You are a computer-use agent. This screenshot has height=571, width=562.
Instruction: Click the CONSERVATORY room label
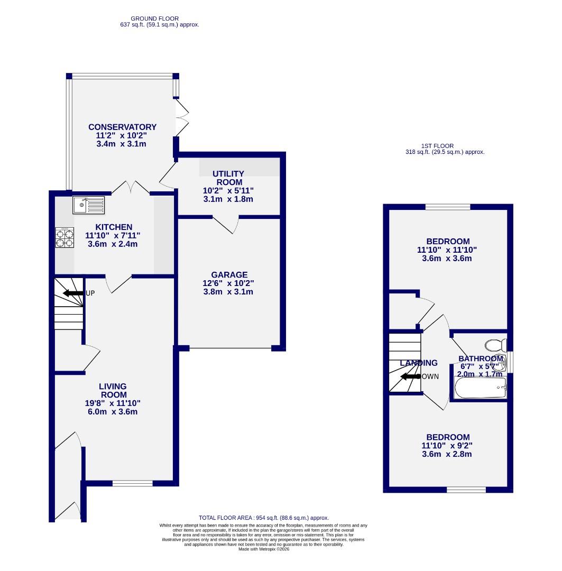click(122, 127)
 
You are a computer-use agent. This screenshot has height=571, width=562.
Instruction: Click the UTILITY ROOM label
click(228, 178)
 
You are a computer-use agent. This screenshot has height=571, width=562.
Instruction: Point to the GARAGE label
click(229, 275)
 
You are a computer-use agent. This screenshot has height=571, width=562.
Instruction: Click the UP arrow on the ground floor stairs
click(72, 293)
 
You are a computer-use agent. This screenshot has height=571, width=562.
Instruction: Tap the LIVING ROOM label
click(114, 391)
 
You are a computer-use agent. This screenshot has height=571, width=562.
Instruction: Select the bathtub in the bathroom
click(480, 389)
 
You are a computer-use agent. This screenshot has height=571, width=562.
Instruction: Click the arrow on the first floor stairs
click(410, 377)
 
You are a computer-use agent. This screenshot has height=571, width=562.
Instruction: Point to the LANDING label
click(419, 363)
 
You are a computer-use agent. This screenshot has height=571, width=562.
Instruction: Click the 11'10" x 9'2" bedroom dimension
click(447, 446)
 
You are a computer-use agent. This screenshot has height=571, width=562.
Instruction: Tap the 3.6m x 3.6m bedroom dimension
click(447, 259)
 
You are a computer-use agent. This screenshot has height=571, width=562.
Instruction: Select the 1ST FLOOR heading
click(437, 146)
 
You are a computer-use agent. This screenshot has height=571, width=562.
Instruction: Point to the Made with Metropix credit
click(263, 549)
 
